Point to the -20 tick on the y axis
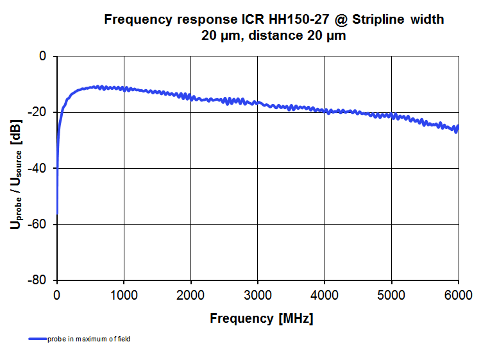click(x=38, y=112)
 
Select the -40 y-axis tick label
click(x=38, y=168)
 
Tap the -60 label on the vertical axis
click(x=38, y=225)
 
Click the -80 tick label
click(x=38, y=280)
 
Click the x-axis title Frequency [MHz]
click(x=261, y=318)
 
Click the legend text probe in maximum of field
click(x=89, y=339)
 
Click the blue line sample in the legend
click(x=37, y=339)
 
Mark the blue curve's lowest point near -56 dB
click(x=57, y=213)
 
